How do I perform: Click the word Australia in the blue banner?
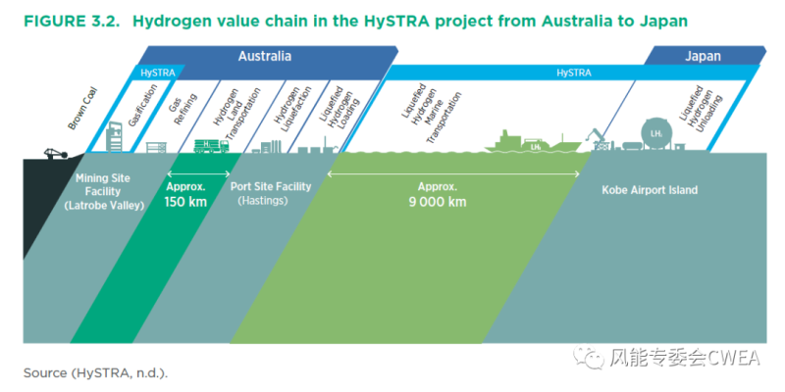pos(264,57)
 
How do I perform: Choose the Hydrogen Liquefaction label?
pos(288,110)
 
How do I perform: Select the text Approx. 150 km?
pos(186,196)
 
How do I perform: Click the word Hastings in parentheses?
pos(267,200)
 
